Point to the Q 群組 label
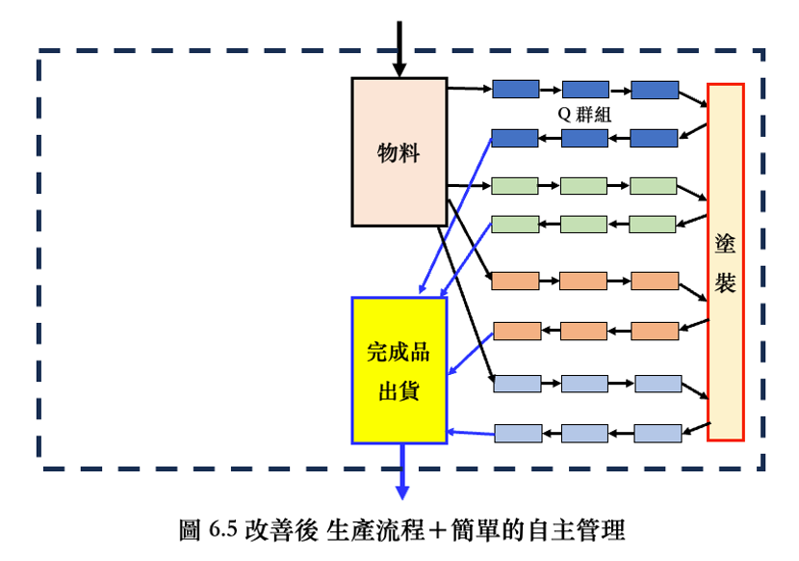coord(586,114)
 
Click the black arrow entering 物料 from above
coord(399,48)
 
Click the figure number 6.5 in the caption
coord(221,529)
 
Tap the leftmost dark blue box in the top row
coord(515,90)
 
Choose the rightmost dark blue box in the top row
coord(655,90)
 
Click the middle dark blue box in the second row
coord(584,138)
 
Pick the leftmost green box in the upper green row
coord(514,186)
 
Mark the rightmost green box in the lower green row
coord(653,225)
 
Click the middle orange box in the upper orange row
coord(583,281)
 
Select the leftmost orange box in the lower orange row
coord(517,331)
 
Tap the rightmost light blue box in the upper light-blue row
coord(658,384)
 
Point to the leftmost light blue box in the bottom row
coord(517,433)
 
